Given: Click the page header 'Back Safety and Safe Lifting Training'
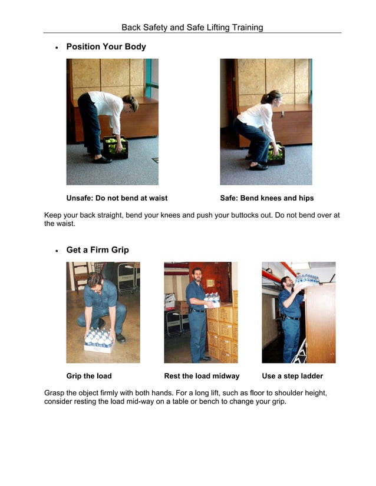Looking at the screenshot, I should [192, 28].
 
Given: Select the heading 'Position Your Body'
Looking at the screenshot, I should [106, 46].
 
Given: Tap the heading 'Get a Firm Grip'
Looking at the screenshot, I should [97, 250].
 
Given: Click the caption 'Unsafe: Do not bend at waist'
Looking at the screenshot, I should [117, 198].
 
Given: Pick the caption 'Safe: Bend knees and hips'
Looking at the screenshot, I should [266, 198].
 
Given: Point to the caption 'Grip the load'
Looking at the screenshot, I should [88, 376].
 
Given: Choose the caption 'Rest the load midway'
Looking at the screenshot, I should [202, 376].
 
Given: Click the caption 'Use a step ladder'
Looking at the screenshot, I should [292, 376].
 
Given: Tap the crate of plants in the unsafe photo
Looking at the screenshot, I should [116, 147].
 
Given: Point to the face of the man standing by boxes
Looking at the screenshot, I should [197, 274].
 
